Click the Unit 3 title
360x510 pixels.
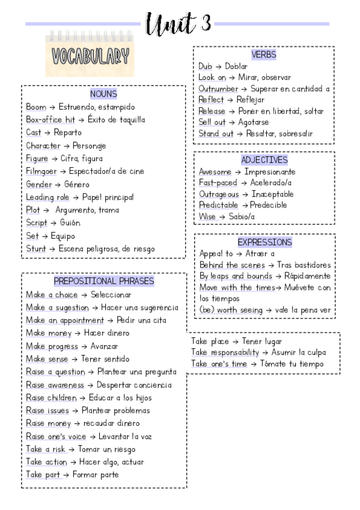pyautogui.click(x=178, y=24)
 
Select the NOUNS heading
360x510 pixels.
pyautogui.click(x=103, y=94)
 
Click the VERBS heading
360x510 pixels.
pyautogui.click(x=264, y=55)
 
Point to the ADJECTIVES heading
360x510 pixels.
pyautogui.click(x=264, y=160)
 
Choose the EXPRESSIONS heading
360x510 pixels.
pyautogui.click(x=264, y=242)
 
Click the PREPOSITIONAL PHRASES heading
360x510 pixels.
pyautogui.click(x=103, y=281)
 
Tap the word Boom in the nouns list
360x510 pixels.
pyautogui.click(x=35, y=107)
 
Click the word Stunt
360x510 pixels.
pyautogui.click(x=36, y=248)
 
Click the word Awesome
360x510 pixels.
pyautogui.click(x=215, y=172)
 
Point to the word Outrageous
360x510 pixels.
pyautogui.click(x=219, y=194)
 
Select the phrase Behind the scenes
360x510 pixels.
pyautogui.click(x=231, y=265)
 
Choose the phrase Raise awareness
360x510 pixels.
pyautogui.click(x=55, y=385)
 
